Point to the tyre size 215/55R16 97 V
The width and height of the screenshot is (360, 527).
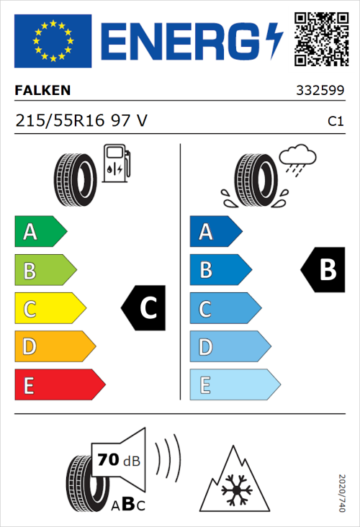(x=81, y=122)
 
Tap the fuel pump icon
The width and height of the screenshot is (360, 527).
(x=116, y=163)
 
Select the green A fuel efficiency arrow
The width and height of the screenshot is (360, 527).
(x=40, y=232)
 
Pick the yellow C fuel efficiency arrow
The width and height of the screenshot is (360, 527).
(x=49, y=309)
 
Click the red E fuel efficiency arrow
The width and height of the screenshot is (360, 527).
(x=59, y=385)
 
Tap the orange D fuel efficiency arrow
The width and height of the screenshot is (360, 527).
(x=54, y=347)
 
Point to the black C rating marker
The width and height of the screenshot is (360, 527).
(x=144, y=309)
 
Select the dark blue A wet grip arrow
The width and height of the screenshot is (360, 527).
(x=215, y=232)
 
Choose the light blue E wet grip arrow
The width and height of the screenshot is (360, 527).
(x=234, y=385)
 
